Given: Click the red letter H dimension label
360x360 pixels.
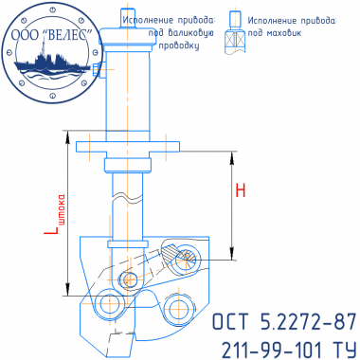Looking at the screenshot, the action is point(241,190).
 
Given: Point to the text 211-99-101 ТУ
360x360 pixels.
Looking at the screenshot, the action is point(289,350).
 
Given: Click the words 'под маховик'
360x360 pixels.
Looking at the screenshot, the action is point(274,33).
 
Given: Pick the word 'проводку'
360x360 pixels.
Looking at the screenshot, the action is point(179,45).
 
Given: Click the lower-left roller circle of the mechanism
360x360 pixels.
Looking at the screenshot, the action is point(108,303).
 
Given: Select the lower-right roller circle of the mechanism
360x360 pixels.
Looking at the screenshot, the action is point(178,308).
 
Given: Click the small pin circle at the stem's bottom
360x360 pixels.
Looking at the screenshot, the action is point(128,279).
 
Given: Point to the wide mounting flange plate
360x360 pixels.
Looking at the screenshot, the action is point(128,147).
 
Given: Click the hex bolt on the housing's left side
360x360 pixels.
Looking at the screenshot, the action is point(98,69).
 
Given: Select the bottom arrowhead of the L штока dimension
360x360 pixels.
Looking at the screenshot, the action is point(67,290).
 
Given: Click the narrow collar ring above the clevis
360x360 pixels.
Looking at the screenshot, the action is point(128,244).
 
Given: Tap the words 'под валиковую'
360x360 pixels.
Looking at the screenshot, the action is point(181,33).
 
